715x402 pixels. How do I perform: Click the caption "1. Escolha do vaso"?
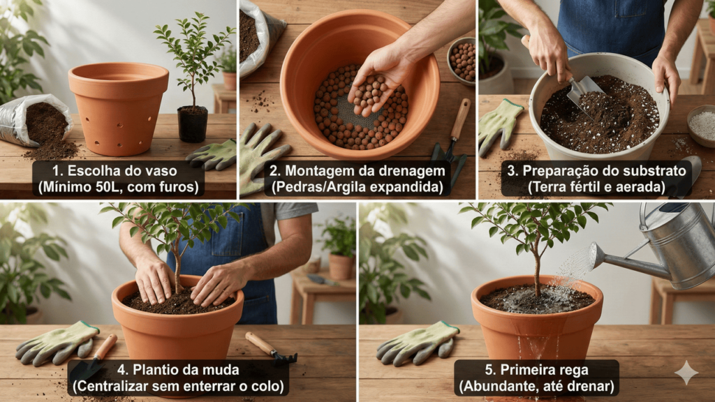point(115,171)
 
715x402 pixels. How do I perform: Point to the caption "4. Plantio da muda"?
point(178,369)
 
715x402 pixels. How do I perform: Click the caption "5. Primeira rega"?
point(536,369)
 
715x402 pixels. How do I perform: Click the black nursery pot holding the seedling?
point(193,124)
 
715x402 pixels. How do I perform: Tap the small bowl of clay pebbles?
point(462,61)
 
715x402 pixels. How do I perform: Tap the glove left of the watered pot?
point(417,343)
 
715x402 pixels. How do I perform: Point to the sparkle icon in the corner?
point(686,373)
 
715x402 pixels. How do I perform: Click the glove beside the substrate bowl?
point(499,126)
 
